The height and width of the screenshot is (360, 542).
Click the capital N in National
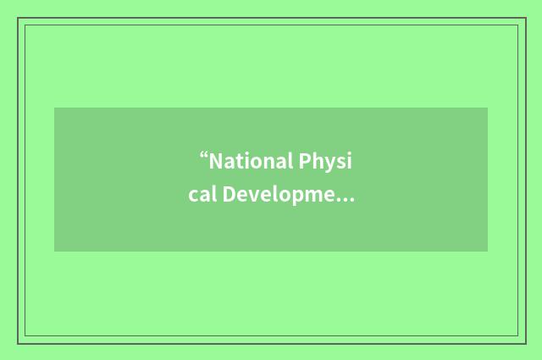pyautogui.click(x=216, y=161)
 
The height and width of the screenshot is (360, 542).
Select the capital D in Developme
pyautogui.click(x=230, y=197)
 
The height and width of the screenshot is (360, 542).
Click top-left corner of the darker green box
pyautogui.click(x=54, y=108)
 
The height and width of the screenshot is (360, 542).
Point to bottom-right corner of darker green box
pyautogui.click(x=488, y=252)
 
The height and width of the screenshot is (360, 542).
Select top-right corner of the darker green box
pyautogui.click(x=488, y=108)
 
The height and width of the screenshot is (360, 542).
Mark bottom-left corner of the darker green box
pyautogui.click(x=54, y=252)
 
